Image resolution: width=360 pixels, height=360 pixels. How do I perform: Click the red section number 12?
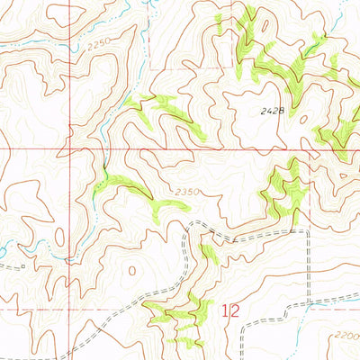coord(230,310)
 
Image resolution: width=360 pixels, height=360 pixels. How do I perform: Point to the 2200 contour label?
coord(344,334)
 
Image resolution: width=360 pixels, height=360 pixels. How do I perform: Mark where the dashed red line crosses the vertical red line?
coord(70,308)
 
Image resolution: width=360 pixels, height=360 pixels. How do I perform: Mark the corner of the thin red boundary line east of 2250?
coord(149,67)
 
